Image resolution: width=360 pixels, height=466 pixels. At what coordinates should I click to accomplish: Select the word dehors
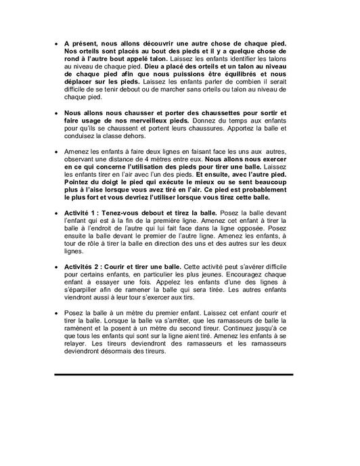point(123,135)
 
